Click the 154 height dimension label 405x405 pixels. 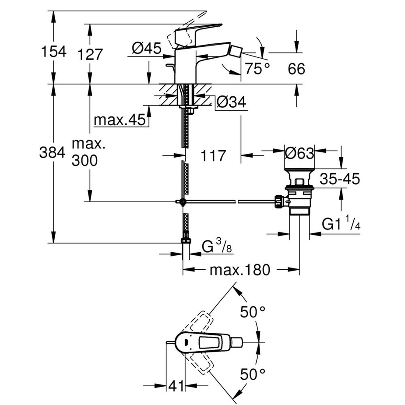(53, 51)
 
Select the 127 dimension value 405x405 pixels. (91, 54)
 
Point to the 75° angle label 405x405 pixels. (257, 68)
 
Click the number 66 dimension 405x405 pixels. (296, 69)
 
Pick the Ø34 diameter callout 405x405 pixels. (231, 102)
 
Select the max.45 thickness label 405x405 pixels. (119, 120)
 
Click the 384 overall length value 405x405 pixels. (52, 152)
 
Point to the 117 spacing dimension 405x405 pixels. (213, 155)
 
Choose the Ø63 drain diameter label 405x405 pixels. (299, 153)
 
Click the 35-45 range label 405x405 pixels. (340, 179)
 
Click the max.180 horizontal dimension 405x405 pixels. (239, 270)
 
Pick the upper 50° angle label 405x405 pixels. (253, 312)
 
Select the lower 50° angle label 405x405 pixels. (253, 374)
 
